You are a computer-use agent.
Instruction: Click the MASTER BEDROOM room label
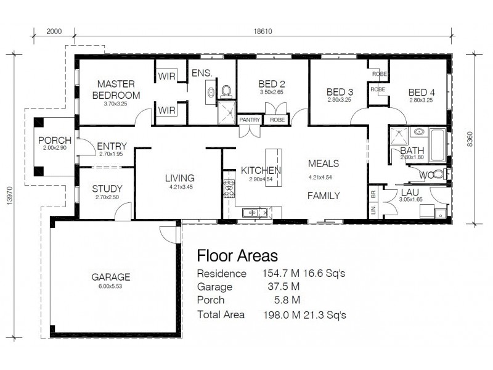tap(116, 89)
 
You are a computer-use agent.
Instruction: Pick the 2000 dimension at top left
tap(54, 32)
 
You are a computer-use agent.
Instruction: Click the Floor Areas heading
tap(237, 255)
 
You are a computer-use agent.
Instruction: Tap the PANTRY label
tap(250, 120)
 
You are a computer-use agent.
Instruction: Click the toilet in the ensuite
tap(226, 92)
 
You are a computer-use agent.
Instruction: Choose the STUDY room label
tap(108, 189)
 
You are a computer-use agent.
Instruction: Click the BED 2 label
tap(271, 84)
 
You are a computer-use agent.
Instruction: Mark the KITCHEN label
tap(261, 170)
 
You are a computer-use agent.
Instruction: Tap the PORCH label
tap(54, 141)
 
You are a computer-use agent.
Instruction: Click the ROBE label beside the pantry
tap(277, 120)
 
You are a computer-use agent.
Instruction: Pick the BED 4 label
tap(421, 92)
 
